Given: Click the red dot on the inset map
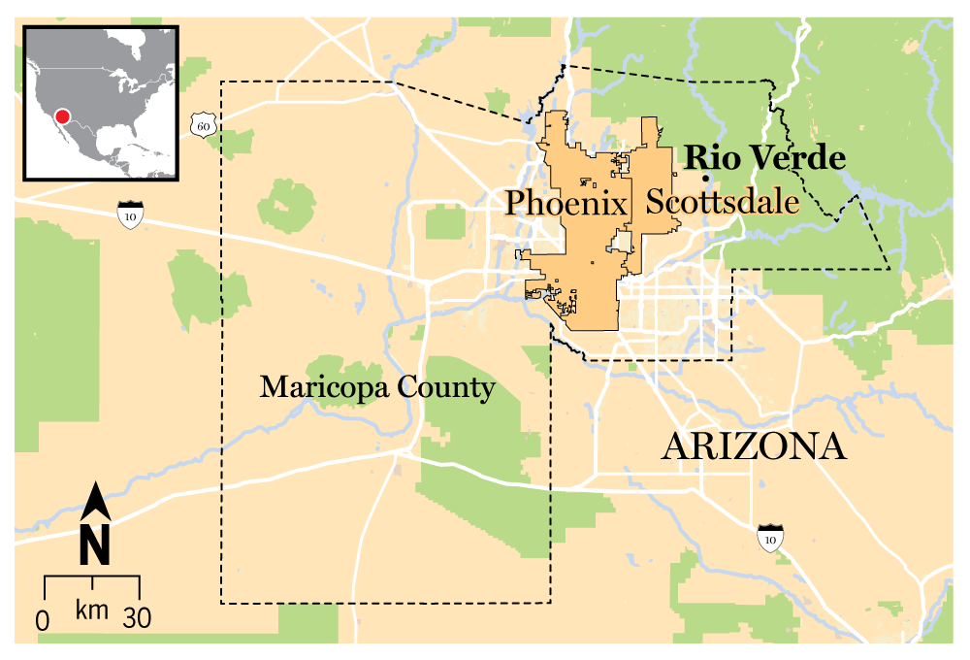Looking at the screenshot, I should coord(63,116).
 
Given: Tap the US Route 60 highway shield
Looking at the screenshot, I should coord(201,124).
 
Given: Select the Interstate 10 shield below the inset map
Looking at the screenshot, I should coord(129,214).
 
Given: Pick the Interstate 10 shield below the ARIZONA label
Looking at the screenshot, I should coord(770,537).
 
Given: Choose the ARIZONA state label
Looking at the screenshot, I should coord(754,446).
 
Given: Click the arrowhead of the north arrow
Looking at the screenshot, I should coord(94,500).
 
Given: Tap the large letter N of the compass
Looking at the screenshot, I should coord(94,545).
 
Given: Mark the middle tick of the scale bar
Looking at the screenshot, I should coord(92,582).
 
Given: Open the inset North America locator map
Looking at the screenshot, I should coord(102,102).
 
